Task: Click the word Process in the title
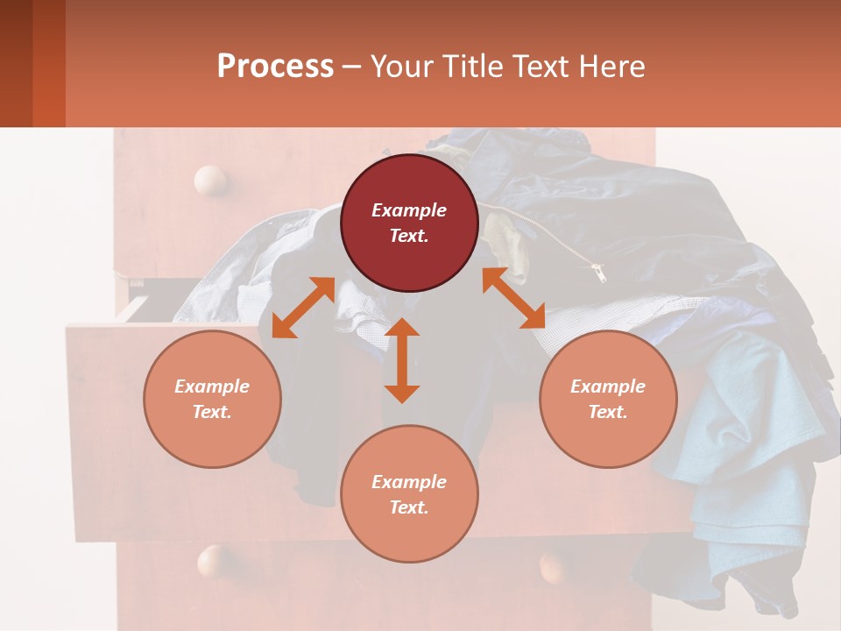[275, 67]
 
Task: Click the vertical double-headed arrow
[402, 360]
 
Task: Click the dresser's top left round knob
[210, 181]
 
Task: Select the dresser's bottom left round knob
[213, 561]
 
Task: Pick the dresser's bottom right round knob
[555, 565]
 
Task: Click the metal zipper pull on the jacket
[599, 273]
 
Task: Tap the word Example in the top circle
[409, 210]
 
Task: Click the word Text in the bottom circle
[408, 507]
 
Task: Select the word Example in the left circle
[212, 386]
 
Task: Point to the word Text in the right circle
[607, 412]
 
